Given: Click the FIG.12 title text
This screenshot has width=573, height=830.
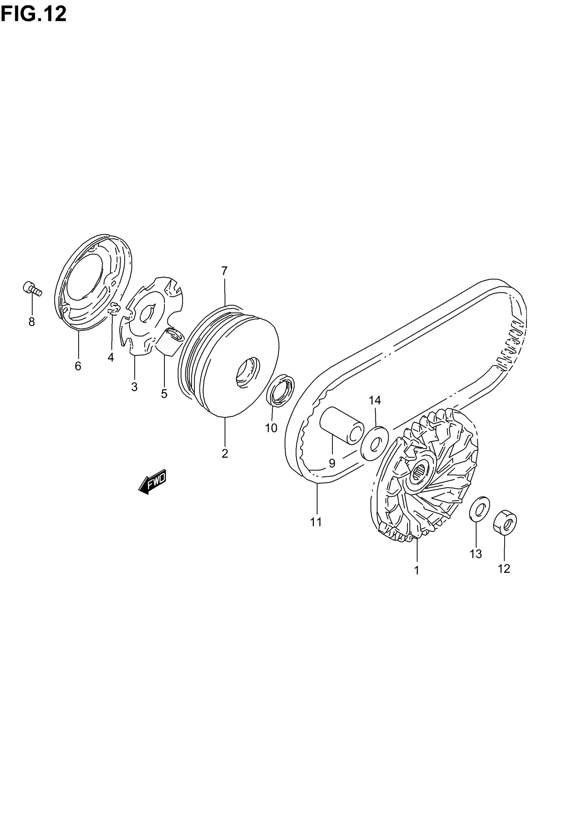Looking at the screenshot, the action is point(33,14).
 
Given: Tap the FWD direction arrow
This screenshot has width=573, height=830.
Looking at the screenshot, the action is point(152,481).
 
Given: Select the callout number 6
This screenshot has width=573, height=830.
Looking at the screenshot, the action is point(78,366).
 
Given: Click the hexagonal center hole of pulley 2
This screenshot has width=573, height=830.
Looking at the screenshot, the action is point(248,372).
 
